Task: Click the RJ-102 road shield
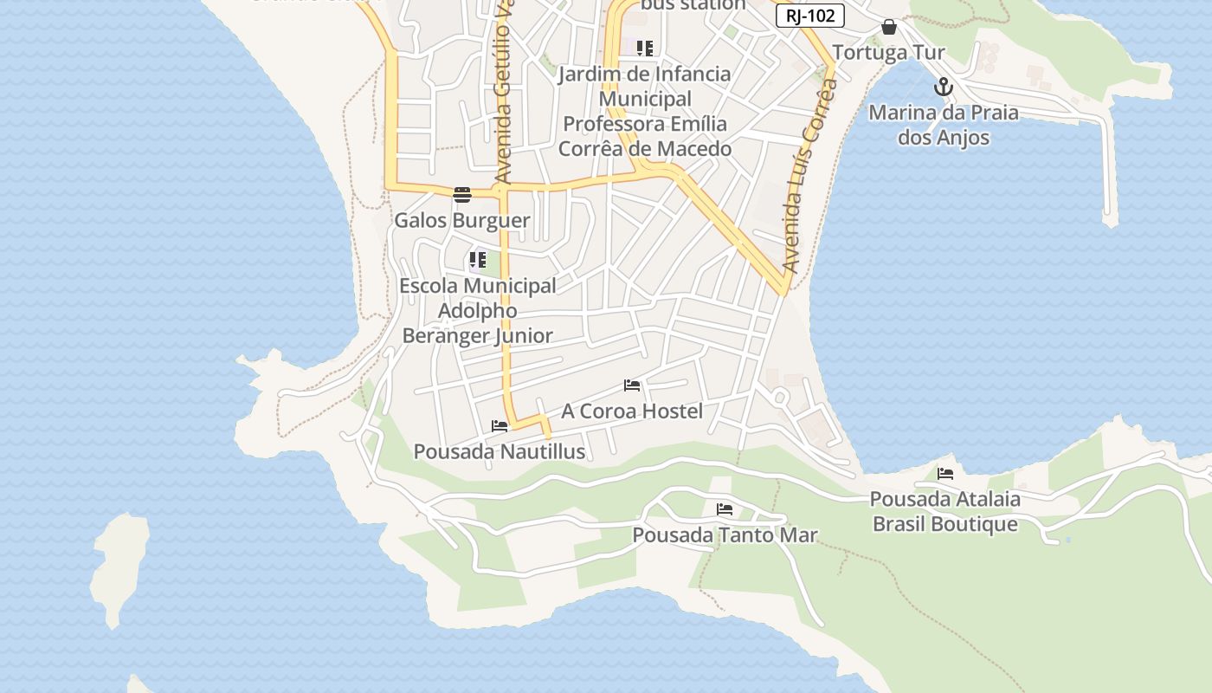pyautogui.click(x=809, y=16)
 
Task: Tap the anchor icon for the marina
pyautogui.click(x=944, y=87)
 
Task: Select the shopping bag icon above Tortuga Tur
pyautogui.click(x=889, y=28)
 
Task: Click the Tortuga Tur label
pyautogui.click(x=889, y=53)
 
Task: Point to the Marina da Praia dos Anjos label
pyautogui.click(x=944, y=125)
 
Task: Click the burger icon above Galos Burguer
pyautogui.click(x=462, y=194)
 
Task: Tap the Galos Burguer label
pyautogui.click(x=462, y=220)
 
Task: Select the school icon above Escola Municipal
pyautogui.click(x=478, y=260)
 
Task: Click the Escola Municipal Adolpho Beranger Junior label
pyautogui.click(x=478, y=310)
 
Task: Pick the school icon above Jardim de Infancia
pyautogui.click(x=645, y=48)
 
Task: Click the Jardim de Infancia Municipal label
pyautogui.click(x=645, y=111)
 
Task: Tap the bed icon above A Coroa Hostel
pyautogui.click(x=632, y=385)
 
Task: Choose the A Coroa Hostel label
pyautogui.click(x=632, y=411)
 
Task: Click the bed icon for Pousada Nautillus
pyautogui.click(x=500, y=426)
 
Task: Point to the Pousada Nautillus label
pyautogui.click(x=500, y=451)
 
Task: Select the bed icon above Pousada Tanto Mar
pyautogui.click(x=725, y=509)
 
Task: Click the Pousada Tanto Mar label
pyautogui.click(x=725, y=534)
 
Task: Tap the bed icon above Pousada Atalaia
pyautogui.click(x=945, y=474)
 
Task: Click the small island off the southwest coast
pyautogui.click(x=119, y=567)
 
